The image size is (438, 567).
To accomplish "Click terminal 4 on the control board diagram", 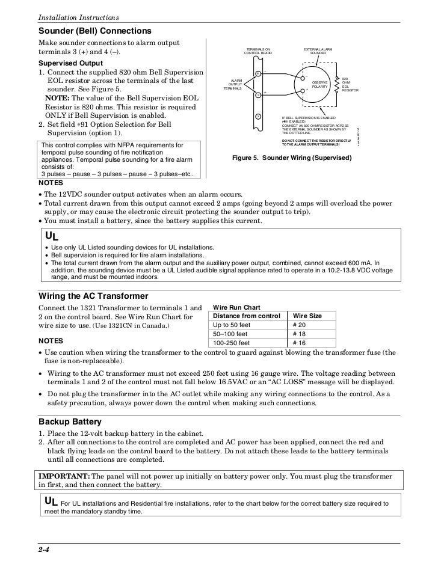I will (x=258, y=73).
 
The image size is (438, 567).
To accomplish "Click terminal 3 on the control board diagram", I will (x=258, y=95).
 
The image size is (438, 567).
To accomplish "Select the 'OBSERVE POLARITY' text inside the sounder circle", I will (x=320, y=84).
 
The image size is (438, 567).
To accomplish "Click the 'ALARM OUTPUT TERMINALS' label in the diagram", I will (x=236, y=84).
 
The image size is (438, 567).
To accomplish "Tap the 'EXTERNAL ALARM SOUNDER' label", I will (x=318, y=51).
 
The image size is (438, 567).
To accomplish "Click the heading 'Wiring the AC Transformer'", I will (x=93, y=296).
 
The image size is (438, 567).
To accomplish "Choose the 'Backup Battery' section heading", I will (x=70, y=421).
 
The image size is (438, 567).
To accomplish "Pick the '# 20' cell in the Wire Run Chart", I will (x=298, y=325).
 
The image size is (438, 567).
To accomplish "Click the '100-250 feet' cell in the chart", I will (x=230, y=342).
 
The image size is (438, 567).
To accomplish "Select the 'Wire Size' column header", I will (x=307, y=316).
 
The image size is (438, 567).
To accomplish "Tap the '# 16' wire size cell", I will (x=298, y=342).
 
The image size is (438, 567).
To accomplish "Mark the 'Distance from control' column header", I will (x=245, y=316).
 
